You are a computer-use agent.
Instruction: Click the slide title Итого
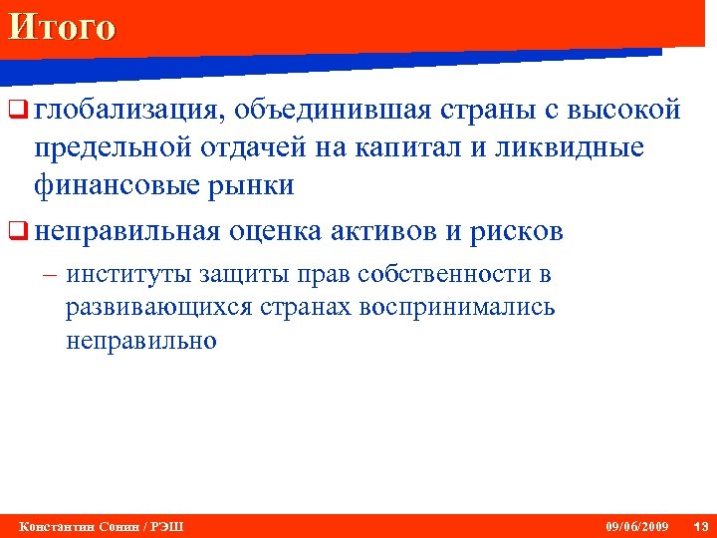[61, 26]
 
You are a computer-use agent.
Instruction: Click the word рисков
[514, 232]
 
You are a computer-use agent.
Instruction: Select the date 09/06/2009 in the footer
[637, 526]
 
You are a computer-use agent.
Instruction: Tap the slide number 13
[700, 526]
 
